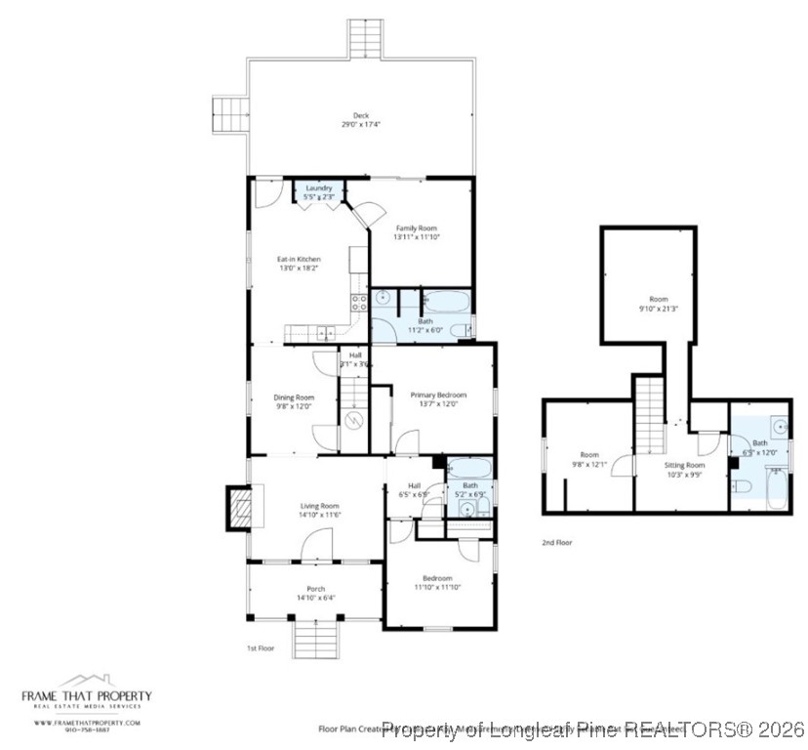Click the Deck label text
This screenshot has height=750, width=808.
click(360, 115)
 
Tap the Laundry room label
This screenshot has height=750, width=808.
click(319, 187)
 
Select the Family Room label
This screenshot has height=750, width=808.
click(416, 228)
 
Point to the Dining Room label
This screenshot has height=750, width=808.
click(294, 397)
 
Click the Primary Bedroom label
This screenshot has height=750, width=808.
click(438, 395)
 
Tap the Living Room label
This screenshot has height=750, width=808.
click(318, 506)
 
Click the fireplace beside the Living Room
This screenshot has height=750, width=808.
click(237, 508)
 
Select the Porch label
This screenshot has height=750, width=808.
click(316, 589)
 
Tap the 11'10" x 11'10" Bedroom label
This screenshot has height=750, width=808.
click(438, 578)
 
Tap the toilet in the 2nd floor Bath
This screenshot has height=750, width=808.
click(741, 487)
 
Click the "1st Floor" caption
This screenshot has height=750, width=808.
click(261, 647)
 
